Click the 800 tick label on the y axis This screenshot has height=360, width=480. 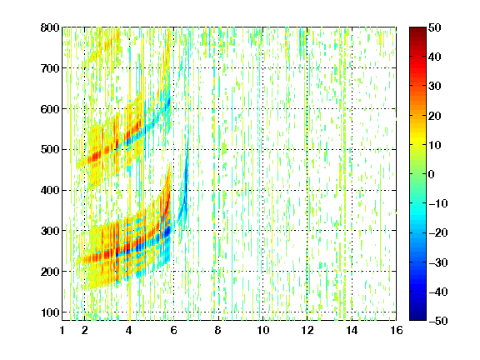[50, 27]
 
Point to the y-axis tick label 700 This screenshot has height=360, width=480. [50, 68]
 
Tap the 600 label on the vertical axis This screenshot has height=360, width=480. [50, 109]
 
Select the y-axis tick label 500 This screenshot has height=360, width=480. [50, 150]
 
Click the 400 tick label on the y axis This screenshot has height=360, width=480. [50, 190]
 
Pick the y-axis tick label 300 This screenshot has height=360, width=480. [50, 231]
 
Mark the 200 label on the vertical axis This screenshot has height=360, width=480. [50, 272]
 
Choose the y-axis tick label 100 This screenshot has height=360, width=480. [50, 312]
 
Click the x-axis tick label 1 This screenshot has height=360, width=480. [62, 330]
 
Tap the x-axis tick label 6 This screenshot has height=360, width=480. [174, 330]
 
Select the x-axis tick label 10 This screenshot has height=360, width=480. [263, 330]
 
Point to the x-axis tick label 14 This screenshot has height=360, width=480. [352, 330]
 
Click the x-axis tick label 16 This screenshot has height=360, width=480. [397, 330]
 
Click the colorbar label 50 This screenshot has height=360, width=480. [435, 27]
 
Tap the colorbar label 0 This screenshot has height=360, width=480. [432, 174]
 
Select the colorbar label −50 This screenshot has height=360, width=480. [438, 321]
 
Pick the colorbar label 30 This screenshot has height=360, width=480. [435, 87]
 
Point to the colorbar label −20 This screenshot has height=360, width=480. [438, 233]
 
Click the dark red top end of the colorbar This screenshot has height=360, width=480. [417, 28]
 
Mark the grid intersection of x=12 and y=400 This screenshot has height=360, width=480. [307, 190]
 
